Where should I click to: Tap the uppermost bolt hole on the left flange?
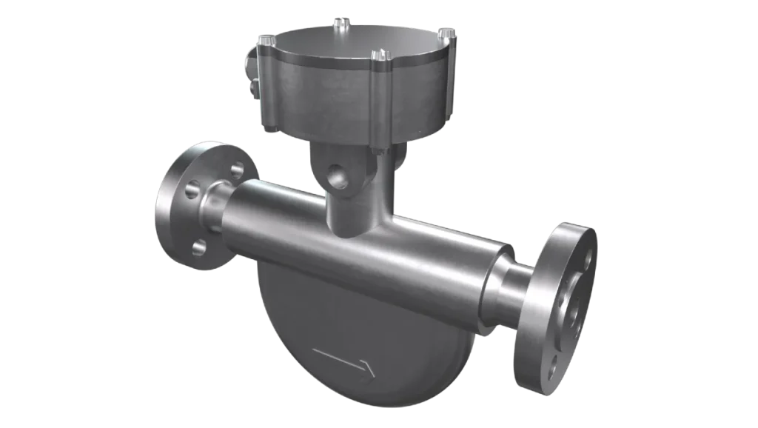(x=237, y=170)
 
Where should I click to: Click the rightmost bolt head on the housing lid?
(x=446, y=33)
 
